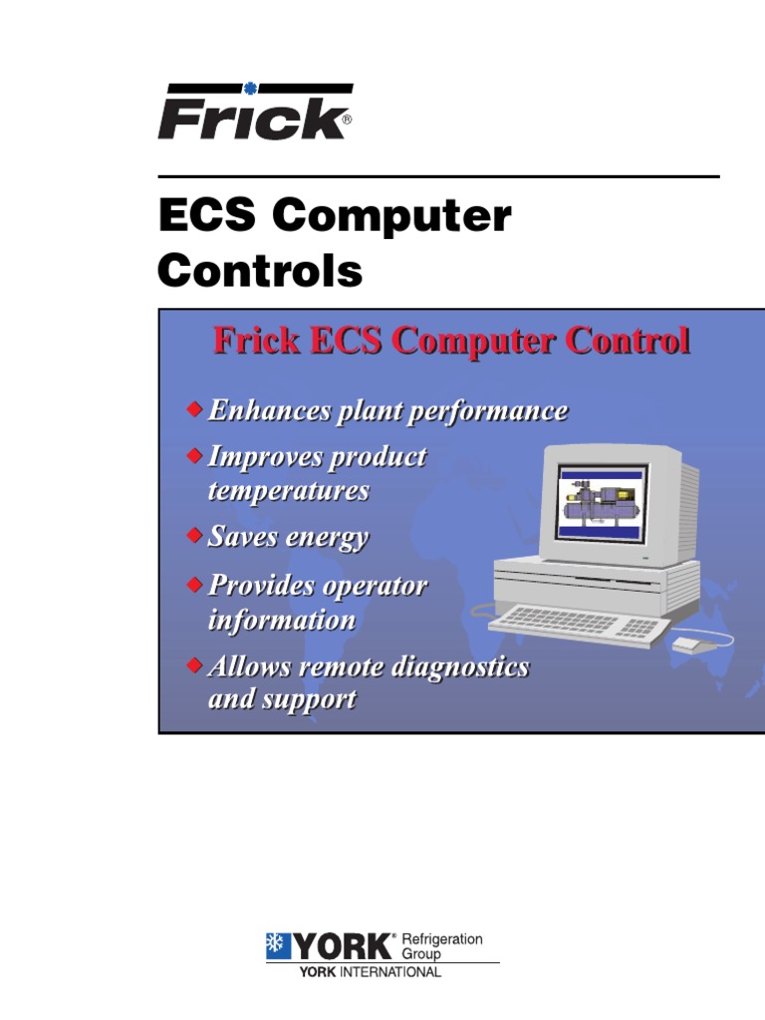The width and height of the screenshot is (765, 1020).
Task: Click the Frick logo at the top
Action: (254, 113)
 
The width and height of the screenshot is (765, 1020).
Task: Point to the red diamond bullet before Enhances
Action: (194, 409)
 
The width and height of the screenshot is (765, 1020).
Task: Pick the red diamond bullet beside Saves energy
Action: (194, 536)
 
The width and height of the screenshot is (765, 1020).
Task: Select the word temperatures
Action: (288, 490)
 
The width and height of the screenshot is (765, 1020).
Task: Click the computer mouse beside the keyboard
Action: (688, 644)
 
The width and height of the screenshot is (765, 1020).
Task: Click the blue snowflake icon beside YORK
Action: (277, 946)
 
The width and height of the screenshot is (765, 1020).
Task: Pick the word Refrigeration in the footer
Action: (441, 939)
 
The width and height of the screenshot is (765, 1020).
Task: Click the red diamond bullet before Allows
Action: (194, 663)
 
